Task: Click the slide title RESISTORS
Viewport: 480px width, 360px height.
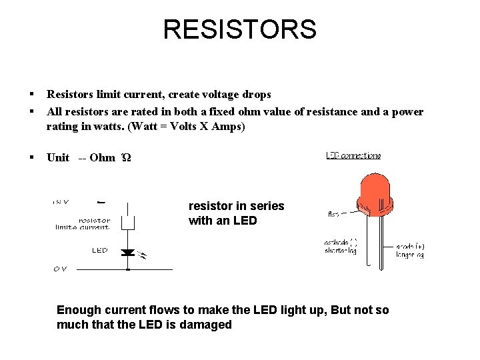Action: pos(239,29)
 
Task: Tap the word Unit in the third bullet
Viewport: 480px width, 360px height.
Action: pos(58,157)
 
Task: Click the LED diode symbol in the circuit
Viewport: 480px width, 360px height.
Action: pos(127,253)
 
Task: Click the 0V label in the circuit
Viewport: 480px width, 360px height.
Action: pos(60,269)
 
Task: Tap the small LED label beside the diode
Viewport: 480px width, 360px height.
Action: pos(99,250)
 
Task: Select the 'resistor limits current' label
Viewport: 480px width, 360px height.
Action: pos(83,223)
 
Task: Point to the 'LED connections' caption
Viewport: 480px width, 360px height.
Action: pos(353,155)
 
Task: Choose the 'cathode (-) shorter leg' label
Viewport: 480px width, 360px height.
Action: pos(340,247)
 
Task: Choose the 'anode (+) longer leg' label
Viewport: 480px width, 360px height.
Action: pos(410,250)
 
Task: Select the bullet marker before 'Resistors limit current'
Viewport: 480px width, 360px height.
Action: pos(31,95)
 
